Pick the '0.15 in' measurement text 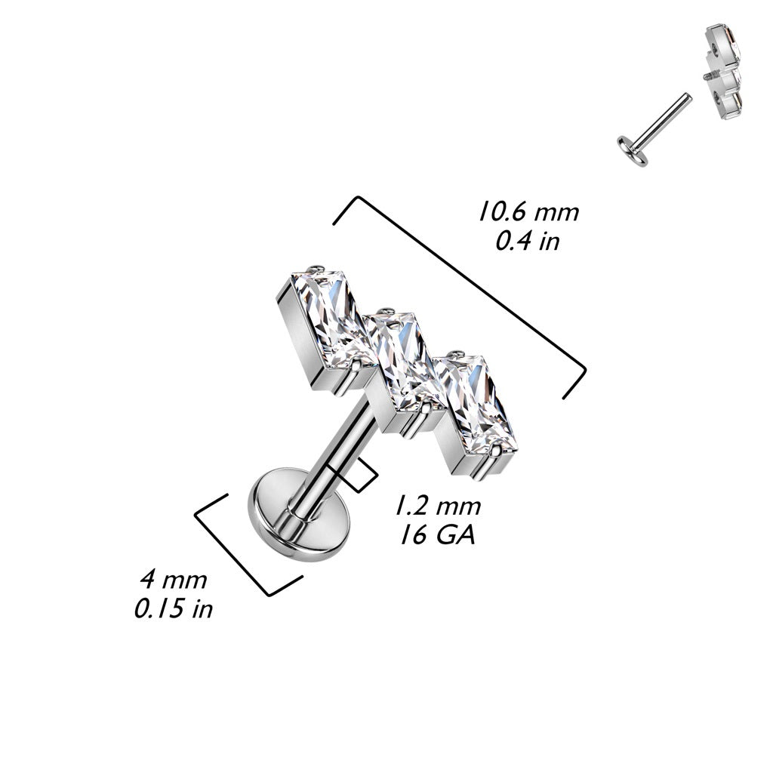coord(174,608)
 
